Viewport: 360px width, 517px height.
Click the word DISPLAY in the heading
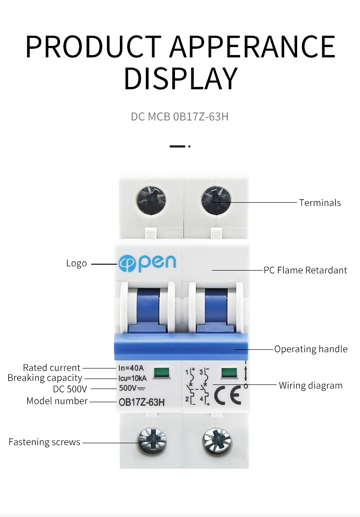(x=180, y=78)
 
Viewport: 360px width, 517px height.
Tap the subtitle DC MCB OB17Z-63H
(x=180, y=117)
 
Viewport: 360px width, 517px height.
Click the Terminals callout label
(x=319, y=203)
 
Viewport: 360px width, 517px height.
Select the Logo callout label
(x=76, y=263)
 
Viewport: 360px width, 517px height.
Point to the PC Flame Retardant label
(x=305, y=270)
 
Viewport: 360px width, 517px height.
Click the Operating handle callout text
(x=310, y=349)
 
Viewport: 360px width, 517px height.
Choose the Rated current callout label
(x=51, y=368)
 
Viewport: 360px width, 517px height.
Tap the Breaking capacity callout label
(x=45, y=378)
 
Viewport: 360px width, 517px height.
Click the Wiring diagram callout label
(x=310, y=386)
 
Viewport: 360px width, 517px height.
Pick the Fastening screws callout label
(x=44, y=442)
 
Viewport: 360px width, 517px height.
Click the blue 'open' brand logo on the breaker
(x=147, y=263)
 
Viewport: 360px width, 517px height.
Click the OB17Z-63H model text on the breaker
(x=141, y=402)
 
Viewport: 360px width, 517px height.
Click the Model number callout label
(x=57, y=401)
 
